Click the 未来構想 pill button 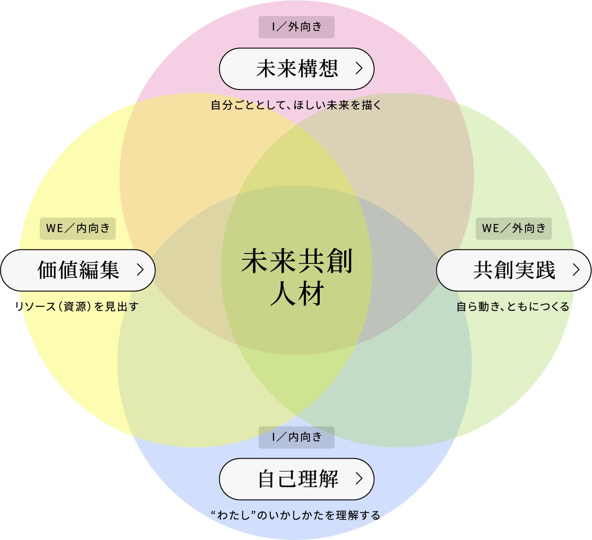click(296, 69)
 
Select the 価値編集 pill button click(78, 270)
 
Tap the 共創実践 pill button click(513, 270)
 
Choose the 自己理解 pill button click(296, 479)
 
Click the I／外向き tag click(296, 27)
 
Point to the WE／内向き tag click(78, 228)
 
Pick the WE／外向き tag click(513, 228)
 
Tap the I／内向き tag click(296, 437)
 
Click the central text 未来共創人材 click(297, 277)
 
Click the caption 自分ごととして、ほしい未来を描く click(296, 105)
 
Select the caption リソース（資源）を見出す click(77, 307)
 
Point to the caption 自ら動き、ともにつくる click(513, 307)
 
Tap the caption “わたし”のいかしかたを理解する click(296, 515)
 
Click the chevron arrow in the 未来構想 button click(359, 68)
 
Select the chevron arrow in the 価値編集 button click(140, 270)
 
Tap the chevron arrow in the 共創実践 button click(576, 270)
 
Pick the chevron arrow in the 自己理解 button click(359, 479)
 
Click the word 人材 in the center click(297, 294)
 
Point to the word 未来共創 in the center click(297, 261)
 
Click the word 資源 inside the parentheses click(76, 307)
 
